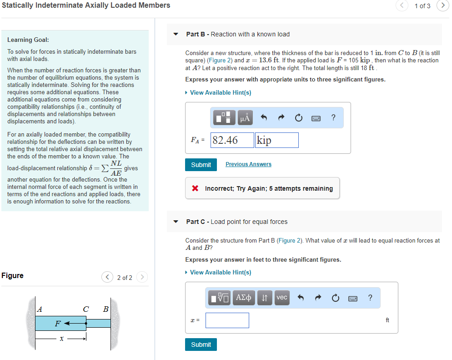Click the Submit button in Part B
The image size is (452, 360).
click(x=201, y=165)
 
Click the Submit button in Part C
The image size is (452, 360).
click(x=201, y=345)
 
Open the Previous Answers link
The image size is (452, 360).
click(x=248, y=164)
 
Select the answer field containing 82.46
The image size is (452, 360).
click(x=232, y=140)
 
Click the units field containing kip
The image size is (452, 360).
click(x=277, y=140)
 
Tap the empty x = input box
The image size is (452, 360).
click(x=227, y=320)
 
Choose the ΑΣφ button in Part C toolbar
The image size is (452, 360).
click(x=245, y=298)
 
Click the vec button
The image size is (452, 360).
click(x=282, y=298)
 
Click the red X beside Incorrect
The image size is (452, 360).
click(x=195, y=188)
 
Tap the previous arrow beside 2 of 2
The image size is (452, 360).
click(x=107, y=277)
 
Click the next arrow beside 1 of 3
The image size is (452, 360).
click(x=443, y=5)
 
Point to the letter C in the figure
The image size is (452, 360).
click(x=85, y=309)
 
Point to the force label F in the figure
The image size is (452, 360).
click(x=57, y=324)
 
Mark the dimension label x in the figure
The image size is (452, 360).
click(x=60, y=339)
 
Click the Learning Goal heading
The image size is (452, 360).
click(x=28, y=40)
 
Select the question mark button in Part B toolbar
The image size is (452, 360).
click(x=334, y=118)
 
